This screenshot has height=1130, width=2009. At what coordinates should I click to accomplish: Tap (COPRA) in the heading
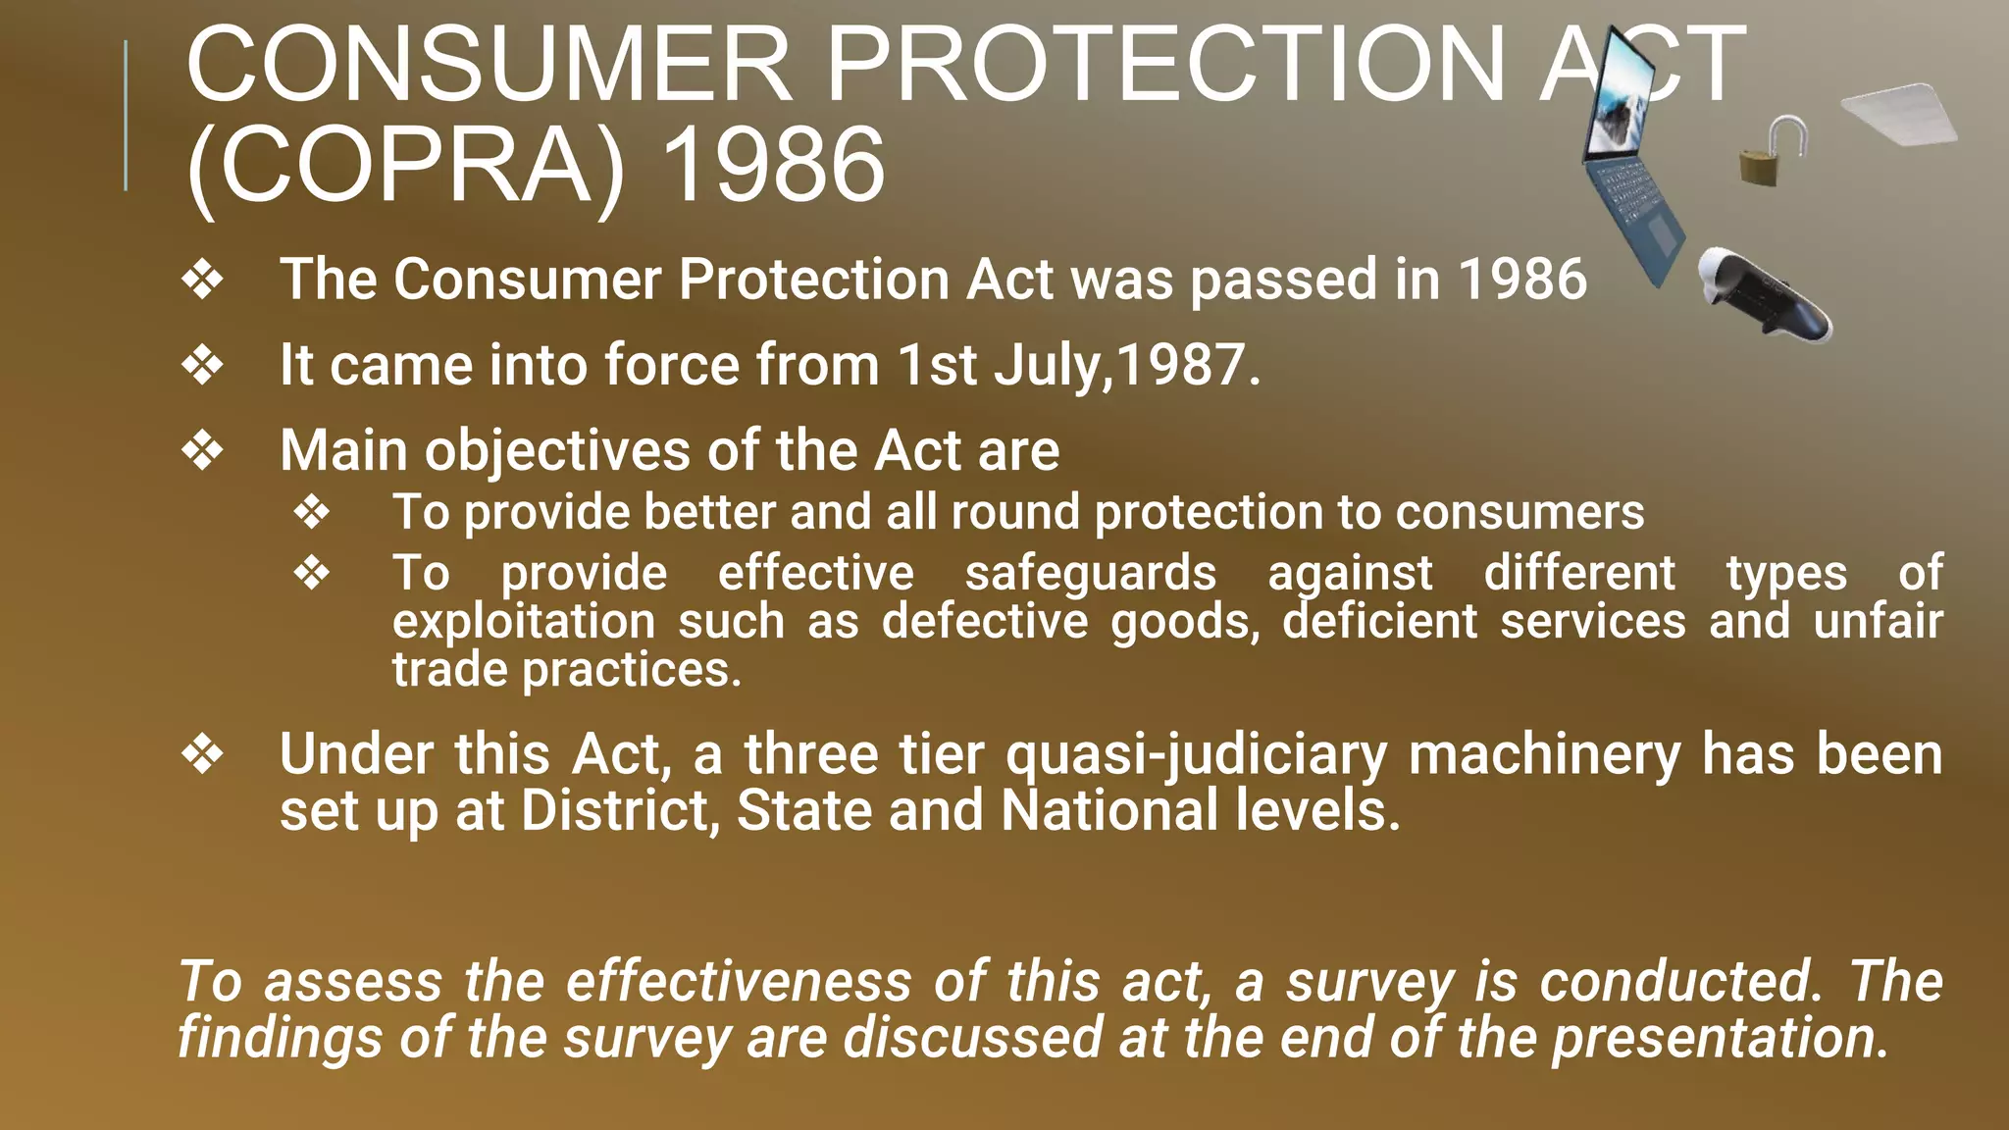(x=405, y=165)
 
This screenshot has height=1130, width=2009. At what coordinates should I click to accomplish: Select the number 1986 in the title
(x=773, y=165)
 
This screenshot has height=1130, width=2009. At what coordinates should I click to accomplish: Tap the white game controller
(x=1763, y=295)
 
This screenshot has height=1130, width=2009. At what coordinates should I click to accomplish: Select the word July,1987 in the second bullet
(x=1127, y=365)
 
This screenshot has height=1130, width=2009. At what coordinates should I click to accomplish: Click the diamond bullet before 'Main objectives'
(x=203, y=451)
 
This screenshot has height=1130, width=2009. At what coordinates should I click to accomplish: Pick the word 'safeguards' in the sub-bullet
(x=1090, y=573)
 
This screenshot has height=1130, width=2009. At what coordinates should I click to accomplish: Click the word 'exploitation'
(x=524, y=622)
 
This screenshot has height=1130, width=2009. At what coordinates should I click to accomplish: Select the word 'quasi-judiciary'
(x=1196, y=755)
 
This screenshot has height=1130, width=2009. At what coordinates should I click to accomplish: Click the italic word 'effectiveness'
(x=739, y=982)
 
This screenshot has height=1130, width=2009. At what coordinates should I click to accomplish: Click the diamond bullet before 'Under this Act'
(x=203, y=755)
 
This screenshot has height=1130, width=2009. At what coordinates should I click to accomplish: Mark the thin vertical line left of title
(x=126, y=116)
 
